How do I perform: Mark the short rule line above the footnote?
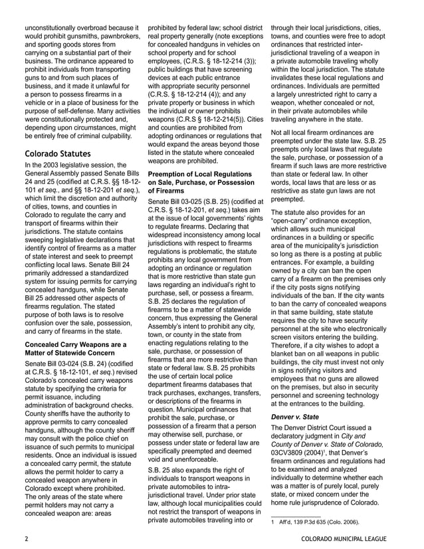296,516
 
